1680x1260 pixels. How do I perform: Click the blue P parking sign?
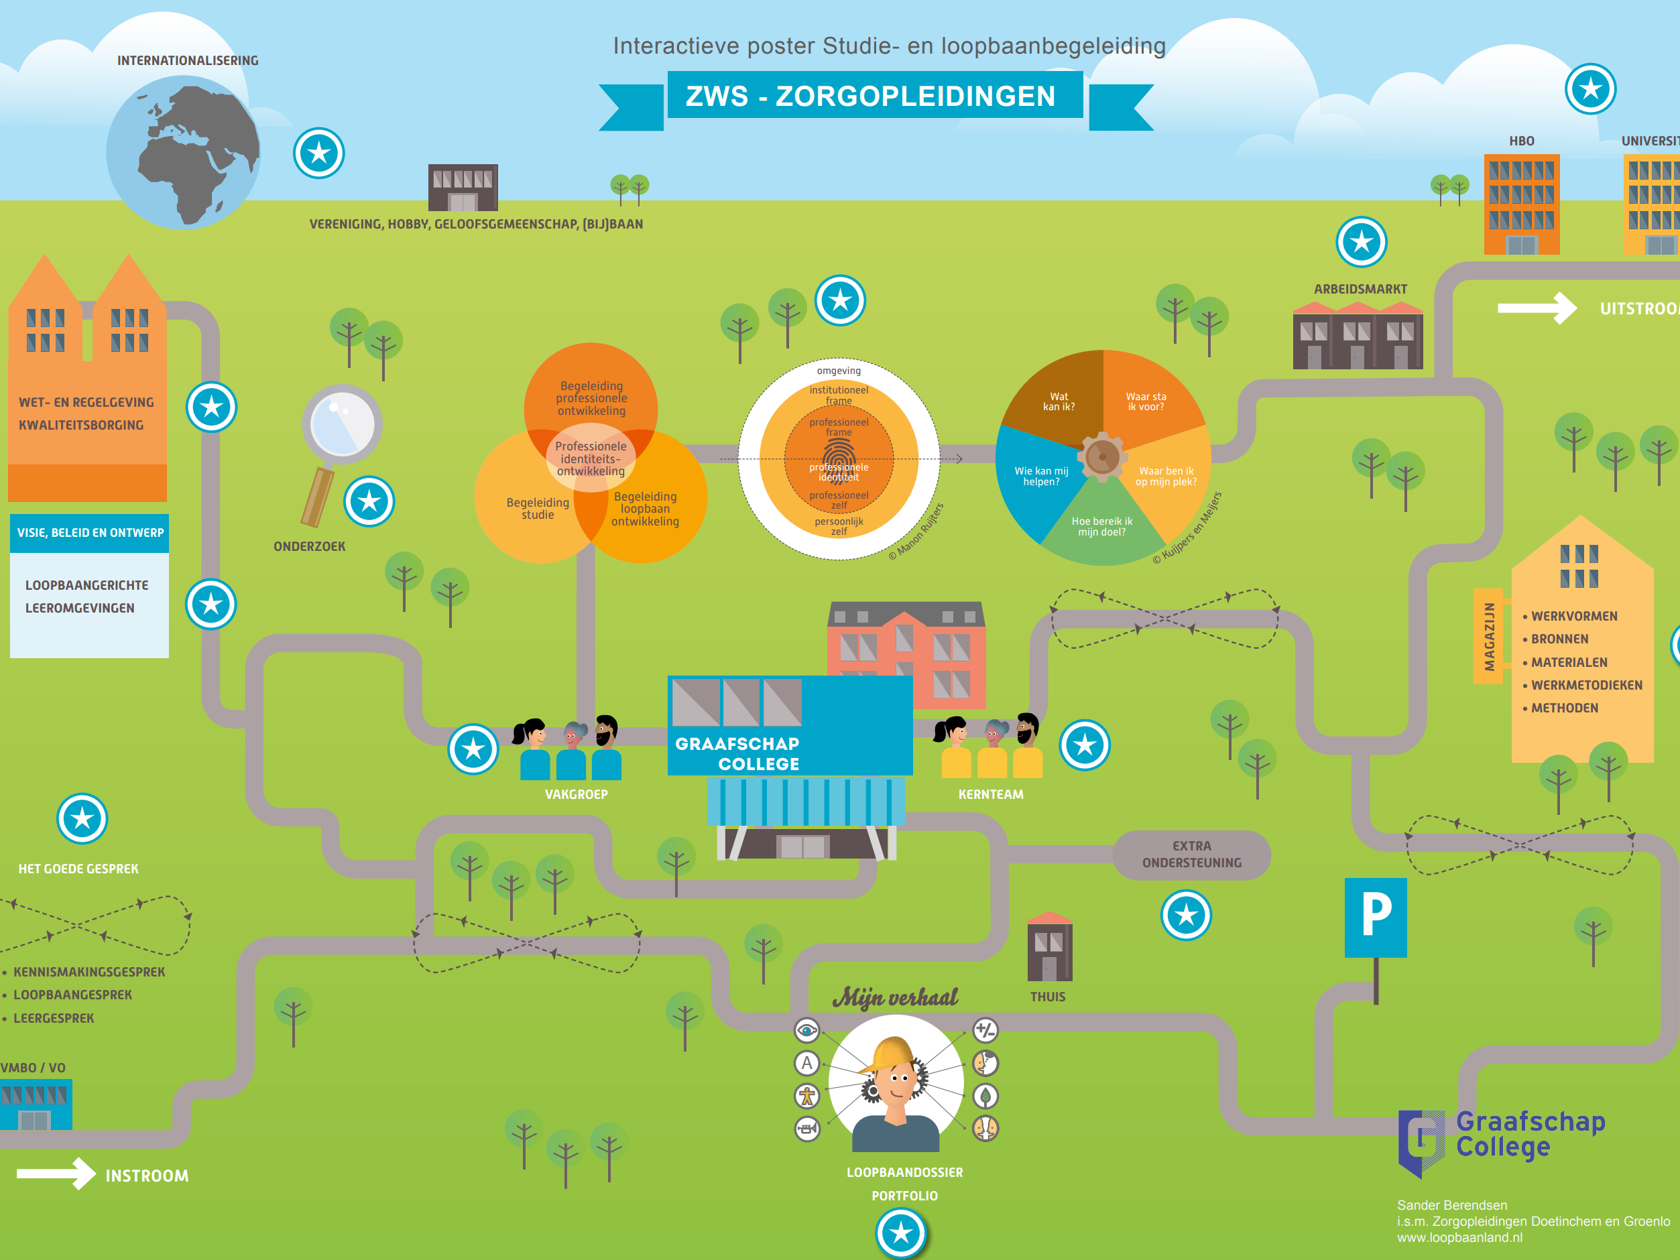(x=1375, y=918)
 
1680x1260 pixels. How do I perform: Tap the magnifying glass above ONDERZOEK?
(x=342, y=426)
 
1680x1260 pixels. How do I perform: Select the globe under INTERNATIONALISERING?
(x=183, y=152)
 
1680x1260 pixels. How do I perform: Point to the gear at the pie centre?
(x=1101, y=456)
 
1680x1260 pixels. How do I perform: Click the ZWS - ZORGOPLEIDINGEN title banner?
(x=874, y=96)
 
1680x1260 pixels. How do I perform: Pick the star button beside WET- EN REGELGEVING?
(x=212, y=407)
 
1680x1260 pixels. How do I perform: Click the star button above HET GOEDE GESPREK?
(x=82, y=819)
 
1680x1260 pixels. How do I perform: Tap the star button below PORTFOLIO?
(x=901, y=1232)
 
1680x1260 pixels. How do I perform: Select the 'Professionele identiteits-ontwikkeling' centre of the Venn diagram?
(x=591, y=458)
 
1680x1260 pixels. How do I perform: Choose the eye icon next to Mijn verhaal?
(x=806, y=1031)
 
